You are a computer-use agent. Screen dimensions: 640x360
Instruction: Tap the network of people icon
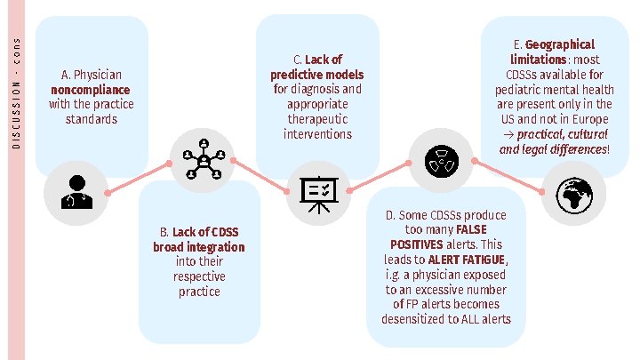pyautogui.click(x=204, y=161)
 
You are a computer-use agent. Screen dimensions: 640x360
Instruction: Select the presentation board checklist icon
pyautogui.click(x=316, y=192)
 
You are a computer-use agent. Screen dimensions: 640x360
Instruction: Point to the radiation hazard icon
pyautogui.click(x=439, y=161)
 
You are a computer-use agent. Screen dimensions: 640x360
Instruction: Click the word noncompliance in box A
pyautogui.click(x=91, y=90)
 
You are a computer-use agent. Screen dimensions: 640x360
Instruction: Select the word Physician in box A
pyautogui.click(x=97, y=75)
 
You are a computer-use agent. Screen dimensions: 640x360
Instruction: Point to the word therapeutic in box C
pyautogui.click(x=317, y=119)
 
